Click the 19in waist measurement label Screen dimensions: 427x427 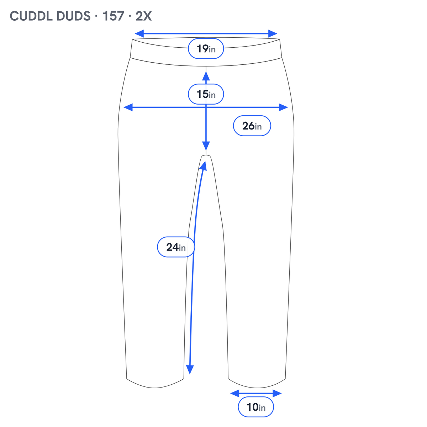pyautogui.click(x=206, y=48)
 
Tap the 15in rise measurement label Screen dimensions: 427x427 pyautogui.click(x=206, y=94)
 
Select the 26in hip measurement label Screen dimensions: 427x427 pyautogui.click(x=252, y=126)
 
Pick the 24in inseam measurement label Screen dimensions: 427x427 pyautogui.click(x=176, y=247)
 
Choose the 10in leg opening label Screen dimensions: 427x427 pyautogui.click(x=256, y=407)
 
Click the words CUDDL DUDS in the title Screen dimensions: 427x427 pyautogui.click(x=50, y=16)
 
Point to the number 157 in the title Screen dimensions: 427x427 pyautogui.click(x=113, y=16)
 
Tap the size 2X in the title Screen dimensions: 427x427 pyautogui.click(x=144, y=16)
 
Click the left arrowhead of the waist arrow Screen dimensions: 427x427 pyautogui.click(x=139, y=34)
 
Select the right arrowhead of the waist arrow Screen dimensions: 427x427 pyautogui.click(x=273, y=34)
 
